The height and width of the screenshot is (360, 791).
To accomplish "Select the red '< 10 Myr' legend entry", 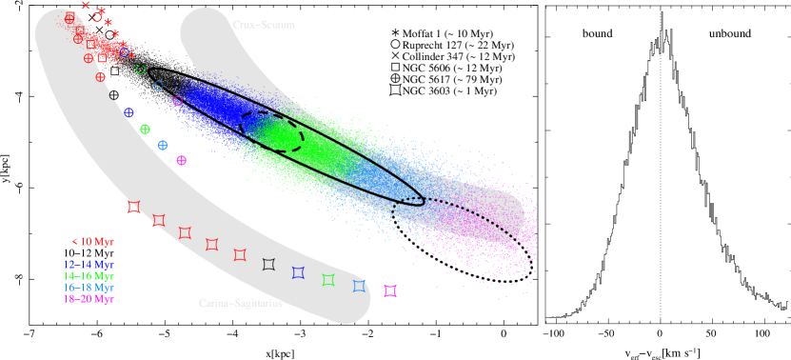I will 92,242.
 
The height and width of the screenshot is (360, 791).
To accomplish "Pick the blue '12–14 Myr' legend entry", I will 89,265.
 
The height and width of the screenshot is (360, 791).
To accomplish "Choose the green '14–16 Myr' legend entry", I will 89,276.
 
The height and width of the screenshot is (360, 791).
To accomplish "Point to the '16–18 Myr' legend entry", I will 89,288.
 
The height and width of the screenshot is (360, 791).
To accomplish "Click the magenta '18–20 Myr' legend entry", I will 89,299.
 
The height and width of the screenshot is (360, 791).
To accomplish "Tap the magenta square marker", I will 390,290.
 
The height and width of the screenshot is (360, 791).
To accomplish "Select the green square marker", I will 328,280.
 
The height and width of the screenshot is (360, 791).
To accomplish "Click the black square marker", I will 268,264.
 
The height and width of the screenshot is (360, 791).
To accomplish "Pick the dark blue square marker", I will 298,273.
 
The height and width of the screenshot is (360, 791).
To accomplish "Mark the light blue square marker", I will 359,286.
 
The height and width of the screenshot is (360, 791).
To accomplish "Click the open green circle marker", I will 141,70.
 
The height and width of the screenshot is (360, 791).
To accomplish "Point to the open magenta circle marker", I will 177,101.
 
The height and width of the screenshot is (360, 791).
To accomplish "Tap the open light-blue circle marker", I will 158,86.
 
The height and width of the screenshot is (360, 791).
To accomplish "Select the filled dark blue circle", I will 129,113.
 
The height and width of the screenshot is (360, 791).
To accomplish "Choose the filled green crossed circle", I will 145,130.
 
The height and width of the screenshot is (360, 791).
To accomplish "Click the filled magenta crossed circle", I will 181,161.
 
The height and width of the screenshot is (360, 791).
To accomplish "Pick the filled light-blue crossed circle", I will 163,145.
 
